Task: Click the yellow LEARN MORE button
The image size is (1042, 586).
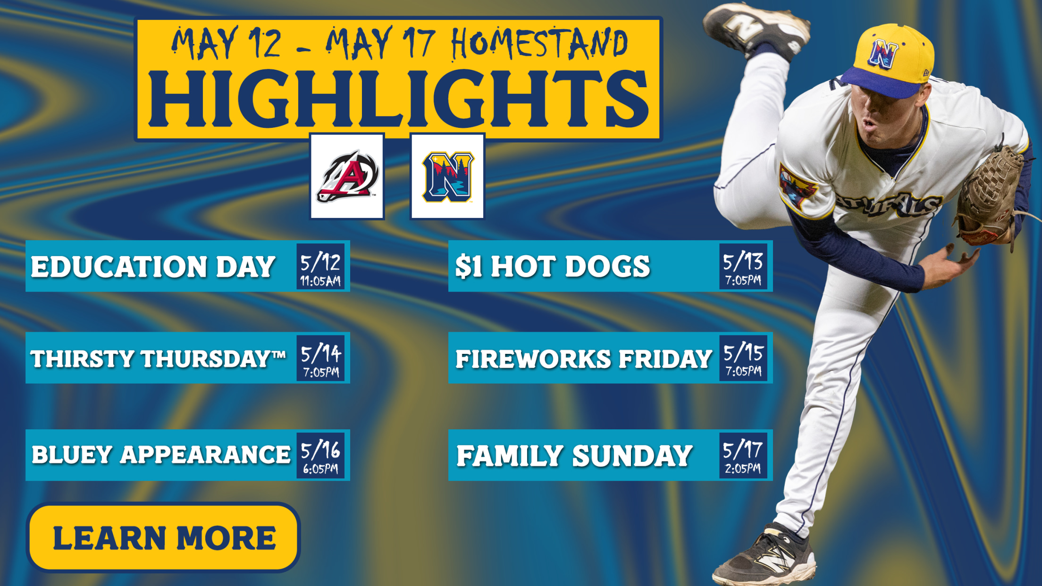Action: point(163,537)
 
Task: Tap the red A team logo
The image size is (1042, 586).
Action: point(347,176)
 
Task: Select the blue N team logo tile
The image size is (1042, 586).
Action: point(447,176)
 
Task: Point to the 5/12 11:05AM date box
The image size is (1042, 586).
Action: point(320,266)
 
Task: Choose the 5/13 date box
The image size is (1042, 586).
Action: point(743,266)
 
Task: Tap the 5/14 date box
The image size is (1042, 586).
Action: point(320,358)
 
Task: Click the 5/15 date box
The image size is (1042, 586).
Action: point(743,358)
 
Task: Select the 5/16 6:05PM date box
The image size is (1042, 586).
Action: point(320,455)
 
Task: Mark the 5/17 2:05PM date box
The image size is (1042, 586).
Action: point(743,455)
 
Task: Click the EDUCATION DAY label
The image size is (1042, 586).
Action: point(153,267)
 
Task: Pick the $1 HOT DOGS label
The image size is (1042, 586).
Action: point(553,267)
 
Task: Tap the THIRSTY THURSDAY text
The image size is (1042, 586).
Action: point(158,359)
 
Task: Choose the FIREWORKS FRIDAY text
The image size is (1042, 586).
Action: point(584,359)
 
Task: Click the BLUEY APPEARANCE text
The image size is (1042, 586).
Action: point(161,455)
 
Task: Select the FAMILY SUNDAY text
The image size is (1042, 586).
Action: point(574,456)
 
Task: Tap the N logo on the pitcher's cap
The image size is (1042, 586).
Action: point(883,54)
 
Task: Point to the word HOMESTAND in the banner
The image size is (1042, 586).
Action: point(539,43)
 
